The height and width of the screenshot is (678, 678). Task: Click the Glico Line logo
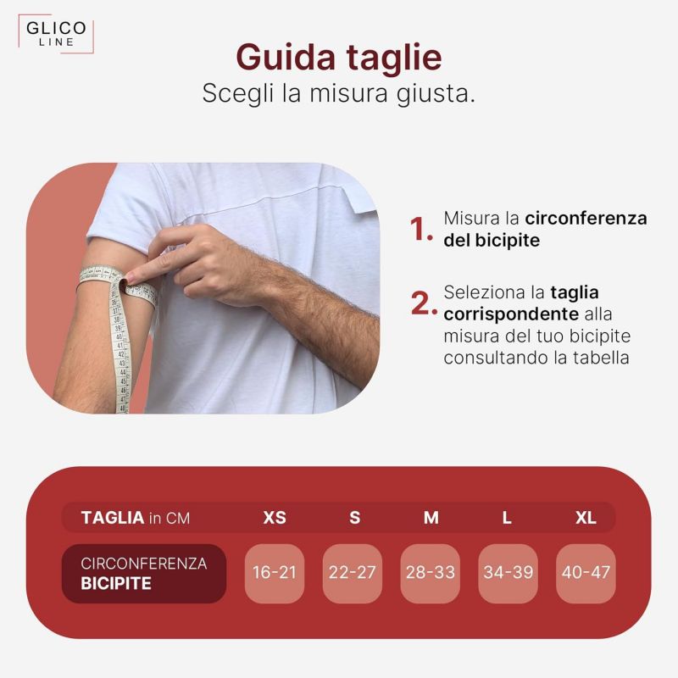[x=56, y=34]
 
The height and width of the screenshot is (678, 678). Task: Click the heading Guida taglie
[x=339, y=57]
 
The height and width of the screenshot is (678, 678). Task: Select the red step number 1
[x=420, y=229]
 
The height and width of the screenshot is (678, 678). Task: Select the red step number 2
[x=424, y=303]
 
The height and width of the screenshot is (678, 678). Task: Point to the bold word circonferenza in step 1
[x=586, y=219]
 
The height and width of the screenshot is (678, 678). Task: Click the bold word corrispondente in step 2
[x=511, y=314]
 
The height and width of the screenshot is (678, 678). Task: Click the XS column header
[x=275, y=518]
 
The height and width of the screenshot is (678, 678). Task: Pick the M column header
[x=431, y=518]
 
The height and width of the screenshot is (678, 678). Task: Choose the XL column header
[x=586, y=518]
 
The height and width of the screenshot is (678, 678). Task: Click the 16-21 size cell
[x=275, y=573]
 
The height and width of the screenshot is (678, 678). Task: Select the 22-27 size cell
[x=353, y=573]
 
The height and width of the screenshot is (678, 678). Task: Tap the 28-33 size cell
[x=431, y=573]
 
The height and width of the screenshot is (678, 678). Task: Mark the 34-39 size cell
[x=508, y=573]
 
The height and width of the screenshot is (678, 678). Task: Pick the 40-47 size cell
[x=586, y=573]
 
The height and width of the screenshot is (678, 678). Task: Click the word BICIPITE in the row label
[x=116, y=584]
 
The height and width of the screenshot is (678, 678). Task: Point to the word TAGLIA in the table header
[x=113, y=518]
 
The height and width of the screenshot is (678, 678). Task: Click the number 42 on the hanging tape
[x=121, y=354]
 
